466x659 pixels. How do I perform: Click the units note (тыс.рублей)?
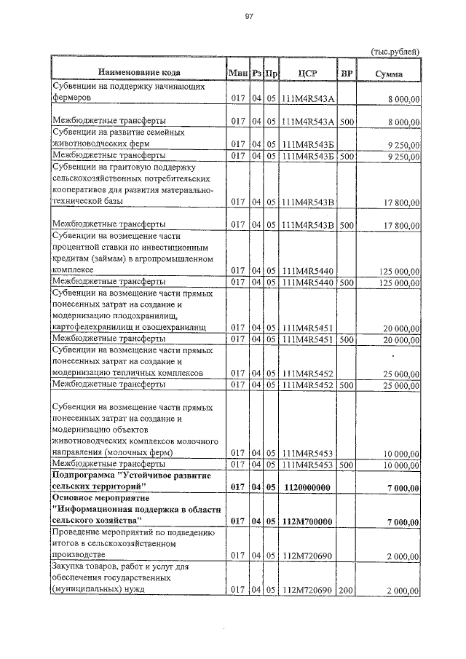coord(395,52)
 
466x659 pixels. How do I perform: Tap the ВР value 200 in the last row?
coord(346,590)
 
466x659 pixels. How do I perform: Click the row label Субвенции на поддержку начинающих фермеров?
coord(121,91)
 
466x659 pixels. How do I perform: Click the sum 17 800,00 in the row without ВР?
coord(400,202)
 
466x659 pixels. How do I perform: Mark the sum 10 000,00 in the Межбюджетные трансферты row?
coord(400,464)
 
